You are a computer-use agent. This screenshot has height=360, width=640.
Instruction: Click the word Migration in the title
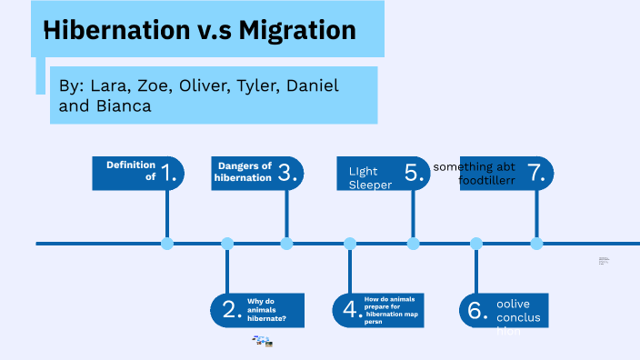(297, 30)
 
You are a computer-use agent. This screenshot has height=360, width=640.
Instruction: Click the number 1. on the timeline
(169, 173)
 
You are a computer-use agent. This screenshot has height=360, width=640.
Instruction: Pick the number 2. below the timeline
(227, 310)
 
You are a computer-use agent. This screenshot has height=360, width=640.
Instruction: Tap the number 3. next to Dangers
(289, 173)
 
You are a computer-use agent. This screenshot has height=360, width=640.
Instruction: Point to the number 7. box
(536, 173)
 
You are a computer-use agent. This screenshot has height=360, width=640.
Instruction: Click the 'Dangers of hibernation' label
(243, 172)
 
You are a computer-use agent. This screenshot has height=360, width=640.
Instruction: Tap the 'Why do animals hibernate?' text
(266, 310)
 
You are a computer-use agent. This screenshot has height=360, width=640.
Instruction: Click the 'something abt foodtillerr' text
(475, 174)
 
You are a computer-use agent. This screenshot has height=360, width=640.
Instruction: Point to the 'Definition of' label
(131, 171)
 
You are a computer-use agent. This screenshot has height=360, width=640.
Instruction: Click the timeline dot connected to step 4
(350, 244)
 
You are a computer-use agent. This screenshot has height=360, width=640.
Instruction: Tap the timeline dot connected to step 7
(536, 244)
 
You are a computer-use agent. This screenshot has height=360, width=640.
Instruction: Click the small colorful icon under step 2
(263, 341)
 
